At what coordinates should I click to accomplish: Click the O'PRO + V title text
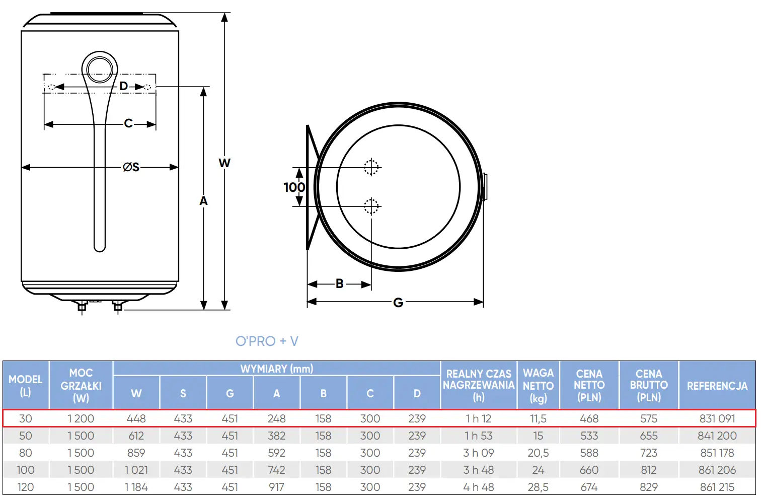[x=267, y=341]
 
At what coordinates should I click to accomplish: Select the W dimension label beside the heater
[x=224, y=163]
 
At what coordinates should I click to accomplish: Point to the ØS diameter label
[x=131, y=167]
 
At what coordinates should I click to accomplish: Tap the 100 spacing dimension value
[x=294, y=187]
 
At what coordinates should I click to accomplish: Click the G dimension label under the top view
[x=398, y=303]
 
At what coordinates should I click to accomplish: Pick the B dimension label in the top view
[x=340, y=283]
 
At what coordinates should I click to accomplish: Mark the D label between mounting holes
[x=123, y=86]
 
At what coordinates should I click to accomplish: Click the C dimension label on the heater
[x=128, y=123]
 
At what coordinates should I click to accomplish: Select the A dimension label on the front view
[x=203, y=201]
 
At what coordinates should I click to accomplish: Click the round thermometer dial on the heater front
[x=100, y=70]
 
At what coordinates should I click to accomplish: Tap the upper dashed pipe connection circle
[x=371, y=167]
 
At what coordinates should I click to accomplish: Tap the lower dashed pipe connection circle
[x=371, y=206]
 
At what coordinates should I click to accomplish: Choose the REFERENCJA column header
[x=717, y=386]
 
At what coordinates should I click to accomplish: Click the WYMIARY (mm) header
[x=277, y=369]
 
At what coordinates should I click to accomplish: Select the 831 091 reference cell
[x=717, y=418]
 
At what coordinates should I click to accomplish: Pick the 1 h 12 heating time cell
[x=478, y=418]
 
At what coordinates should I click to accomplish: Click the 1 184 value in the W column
[x=136, y=487]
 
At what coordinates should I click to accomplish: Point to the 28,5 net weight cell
[x=538, y=487]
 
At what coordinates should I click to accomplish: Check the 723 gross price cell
[x=648, y=453]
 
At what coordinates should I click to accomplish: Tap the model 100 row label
[x=26, y=470]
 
